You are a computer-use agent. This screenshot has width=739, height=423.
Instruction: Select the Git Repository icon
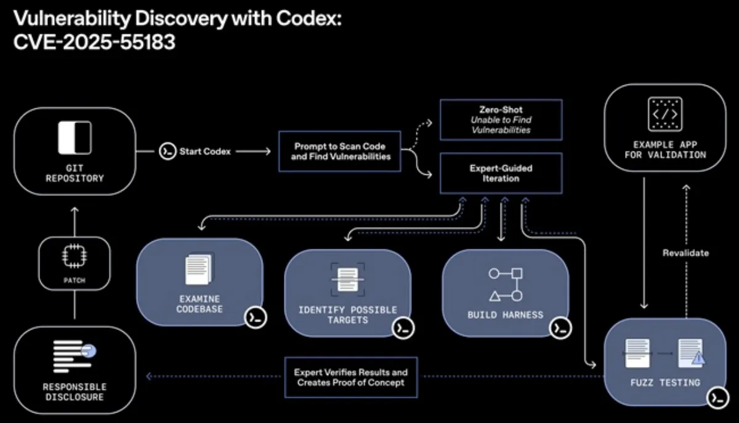pyautogui.click(x=75, y=138)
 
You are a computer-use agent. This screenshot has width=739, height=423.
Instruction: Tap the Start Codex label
pyautogui.click(x=205, y=151)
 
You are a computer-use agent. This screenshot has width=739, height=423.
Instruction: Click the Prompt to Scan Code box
pyautogui.click(x=339, y=151)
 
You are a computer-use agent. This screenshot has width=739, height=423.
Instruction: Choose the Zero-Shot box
pyautogui.click(x=501, y=119)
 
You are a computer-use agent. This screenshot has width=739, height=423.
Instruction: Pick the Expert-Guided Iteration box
pyautogui.click(x=501, y=173)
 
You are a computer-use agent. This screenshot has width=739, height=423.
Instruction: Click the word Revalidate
pyautogui.click(x=685, y=252)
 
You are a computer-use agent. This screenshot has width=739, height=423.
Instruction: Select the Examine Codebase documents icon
pyautogui.click(x=199, y=270)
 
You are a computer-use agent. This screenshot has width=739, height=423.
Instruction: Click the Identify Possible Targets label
pyautogui.click(x=348, y=315)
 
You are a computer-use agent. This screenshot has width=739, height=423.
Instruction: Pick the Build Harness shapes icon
pyautogui.click(x=506, y=284)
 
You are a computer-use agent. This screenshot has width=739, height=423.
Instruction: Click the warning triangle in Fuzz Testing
pyautogui.click(x=697, y=358)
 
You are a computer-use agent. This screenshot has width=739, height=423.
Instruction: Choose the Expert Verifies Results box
pyautogui.click(x=350, y=377)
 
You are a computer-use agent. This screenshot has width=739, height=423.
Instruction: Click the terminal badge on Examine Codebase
pyautogui.click(x=256, y=317)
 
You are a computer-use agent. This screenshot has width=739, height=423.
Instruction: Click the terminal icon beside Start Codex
pyautogui.click(x=168, y=151)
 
